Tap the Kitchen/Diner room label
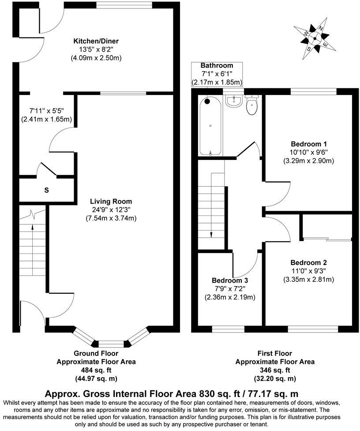click(x=96, y=41)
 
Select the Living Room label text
click(x=111, y=201)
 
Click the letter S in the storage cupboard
click(x=46, y=190)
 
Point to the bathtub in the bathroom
click(x=210, y=126)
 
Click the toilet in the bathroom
click(x=252, y=106)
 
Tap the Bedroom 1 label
click(x=308, y=144)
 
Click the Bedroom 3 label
click(x=229, y=280)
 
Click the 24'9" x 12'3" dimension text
click(x=111, y=210)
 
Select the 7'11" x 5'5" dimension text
click(x=46, y=110)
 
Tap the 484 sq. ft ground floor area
click(x=96, y=370)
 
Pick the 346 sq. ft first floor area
click(x=274, y=370)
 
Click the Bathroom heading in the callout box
click(x=216, y=65)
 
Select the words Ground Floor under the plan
click(x=96, y=353)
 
